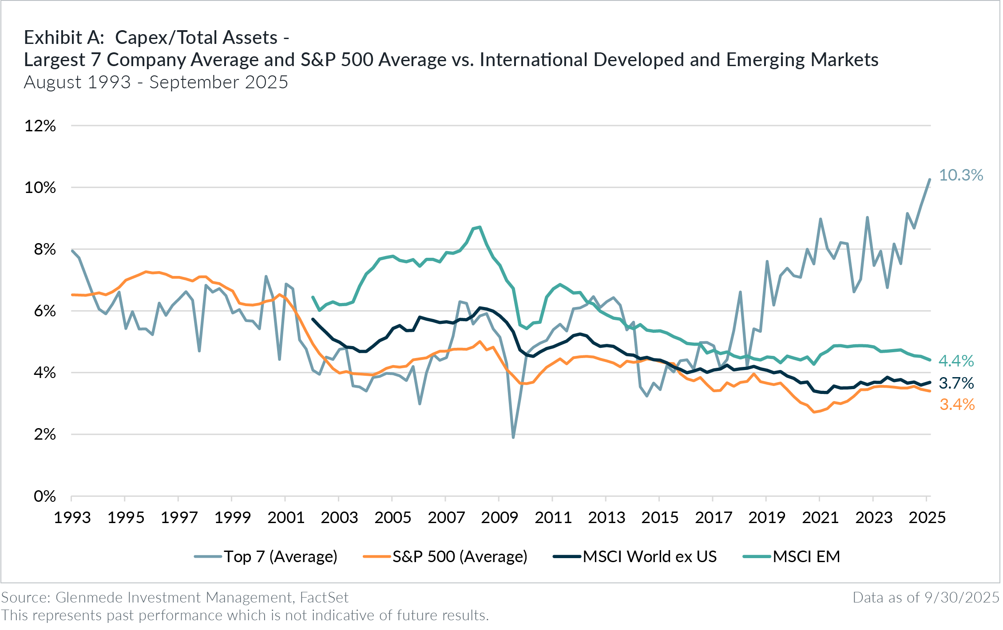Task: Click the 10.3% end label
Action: click(x=960, y=175)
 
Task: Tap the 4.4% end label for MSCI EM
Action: click(x=956, y=361)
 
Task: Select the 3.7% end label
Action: click(x=956, y=383)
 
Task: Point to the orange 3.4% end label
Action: click(x=957, y=405)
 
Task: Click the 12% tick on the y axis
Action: click(x=40, y=126)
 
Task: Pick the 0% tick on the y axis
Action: click(x=44, y=496)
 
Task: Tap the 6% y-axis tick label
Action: click(x=44, y=311)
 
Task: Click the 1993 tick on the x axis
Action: click(x=72, y=517)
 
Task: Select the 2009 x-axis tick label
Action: click(x=500, y=517)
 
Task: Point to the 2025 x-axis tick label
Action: click(x=927, y=517)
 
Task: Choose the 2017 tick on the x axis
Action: click(x=713, y=517)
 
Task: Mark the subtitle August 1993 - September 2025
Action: click(x=156, y=83)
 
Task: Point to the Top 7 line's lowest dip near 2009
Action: click(x=513, y=437)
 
